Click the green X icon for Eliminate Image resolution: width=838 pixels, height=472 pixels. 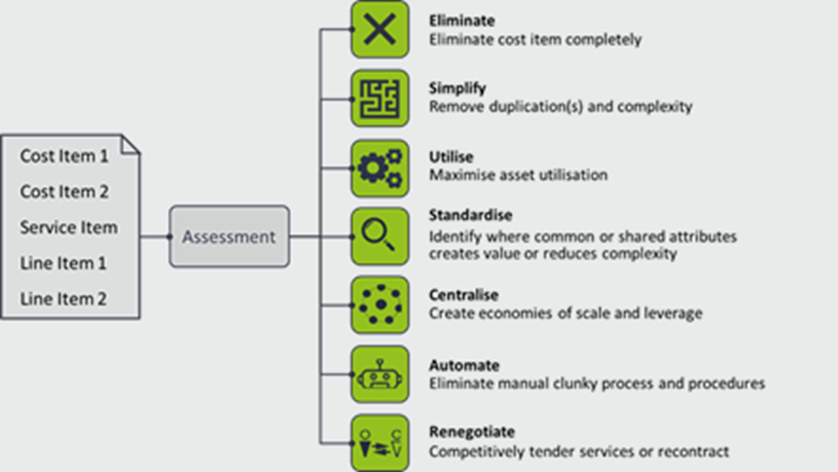pos(380,29)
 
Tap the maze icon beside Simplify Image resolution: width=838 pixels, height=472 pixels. pos(380,98)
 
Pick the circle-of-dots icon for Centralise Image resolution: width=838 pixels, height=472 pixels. pos(380,306)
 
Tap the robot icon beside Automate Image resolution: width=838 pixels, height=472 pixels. pos(380,374)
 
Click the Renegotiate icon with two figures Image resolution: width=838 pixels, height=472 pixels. pos(380,443)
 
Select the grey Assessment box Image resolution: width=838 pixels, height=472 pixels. pos(229,236)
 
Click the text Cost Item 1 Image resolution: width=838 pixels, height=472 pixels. pos(65,156)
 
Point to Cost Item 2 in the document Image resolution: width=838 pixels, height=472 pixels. pos(65,192)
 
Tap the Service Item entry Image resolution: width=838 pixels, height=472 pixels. pos(69,227)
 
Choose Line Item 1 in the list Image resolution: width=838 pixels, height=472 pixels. pos(64,263)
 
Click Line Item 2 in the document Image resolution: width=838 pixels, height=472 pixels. pos(64,298)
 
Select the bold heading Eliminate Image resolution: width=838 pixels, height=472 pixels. pos(462,21)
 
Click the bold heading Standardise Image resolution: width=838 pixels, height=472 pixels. pos(470,216)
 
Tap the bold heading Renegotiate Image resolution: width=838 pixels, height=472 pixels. pos(472,432)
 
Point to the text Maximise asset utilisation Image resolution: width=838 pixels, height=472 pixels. pos(518,175)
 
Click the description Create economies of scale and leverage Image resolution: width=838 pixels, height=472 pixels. pos(565,314)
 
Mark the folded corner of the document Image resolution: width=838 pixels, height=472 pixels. pos(131,145)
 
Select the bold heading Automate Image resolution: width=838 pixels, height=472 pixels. pos(464,366)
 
